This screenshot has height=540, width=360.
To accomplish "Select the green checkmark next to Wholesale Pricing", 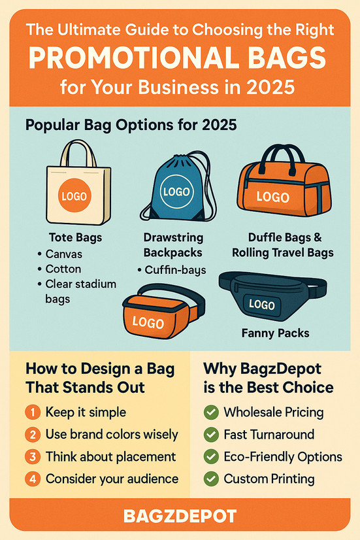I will pyautogui.click(x=211, y=413).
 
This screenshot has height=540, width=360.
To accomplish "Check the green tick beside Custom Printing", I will pyautogui.click(x=211, y=479).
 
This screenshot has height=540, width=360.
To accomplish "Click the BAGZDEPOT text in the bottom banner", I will pyautogui.click(x=180, y=516).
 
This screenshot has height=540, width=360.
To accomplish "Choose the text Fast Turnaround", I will pyautogui.click(x=269, y=435).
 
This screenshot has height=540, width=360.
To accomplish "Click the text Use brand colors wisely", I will pyautogui.click(x=112, y=435).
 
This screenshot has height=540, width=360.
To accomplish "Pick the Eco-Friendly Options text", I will pyautogui.click(x=283, y=456).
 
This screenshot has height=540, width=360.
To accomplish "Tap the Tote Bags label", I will pyautogui.click(x=76, y=237).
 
